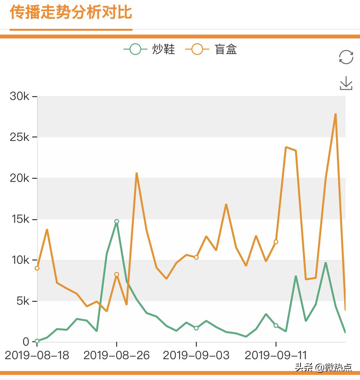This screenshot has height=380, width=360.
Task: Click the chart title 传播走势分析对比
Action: (71, 13)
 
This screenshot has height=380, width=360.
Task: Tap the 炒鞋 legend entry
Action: (149, 49)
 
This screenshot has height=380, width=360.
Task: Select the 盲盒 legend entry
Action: (211, 49)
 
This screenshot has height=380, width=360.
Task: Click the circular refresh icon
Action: (346, 57)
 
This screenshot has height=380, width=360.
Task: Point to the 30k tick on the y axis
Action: (20, 96)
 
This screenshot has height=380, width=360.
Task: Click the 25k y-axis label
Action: (20, 137)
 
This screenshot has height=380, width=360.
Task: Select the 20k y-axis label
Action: (20, 178)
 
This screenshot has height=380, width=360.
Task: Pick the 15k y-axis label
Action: (20, 219)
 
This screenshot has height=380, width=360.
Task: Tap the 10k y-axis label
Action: (20, 260)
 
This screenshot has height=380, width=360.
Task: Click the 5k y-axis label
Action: (22, 301)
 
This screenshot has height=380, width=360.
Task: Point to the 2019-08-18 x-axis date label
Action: (37, 355)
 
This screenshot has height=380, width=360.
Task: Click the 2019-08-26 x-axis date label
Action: (116, 355)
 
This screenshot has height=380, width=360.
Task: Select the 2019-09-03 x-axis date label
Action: (196, 355)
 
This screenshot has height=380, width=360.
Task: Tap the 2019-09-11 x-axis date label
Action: (276, 355)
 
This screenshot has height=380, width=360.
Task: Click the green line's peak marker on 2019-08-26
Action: (116, 221)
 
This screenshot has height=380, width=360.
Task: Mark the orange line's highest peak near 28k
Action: (335, 114)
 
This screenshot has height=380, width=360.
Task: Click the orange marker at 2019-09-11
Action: (276, 242)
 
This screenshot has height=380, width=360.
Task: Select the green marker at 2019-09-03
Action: (196, 328)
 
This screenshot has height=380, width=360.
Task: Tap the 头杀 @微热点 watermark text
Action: (323, 367)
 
